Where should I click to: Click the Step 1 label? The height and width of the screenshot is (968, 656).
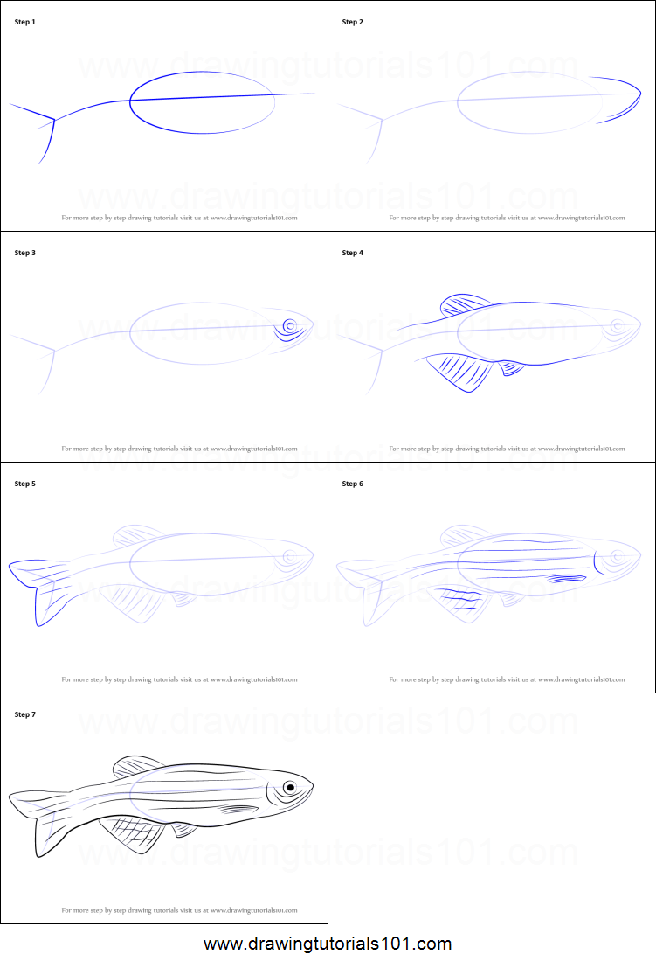click(x=25, y=22)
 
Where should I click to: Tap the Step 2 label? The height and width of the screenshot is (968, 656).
click(x=353, y=22)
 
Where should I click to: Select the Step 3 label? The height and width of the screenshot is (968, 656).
click(x=25, y=253)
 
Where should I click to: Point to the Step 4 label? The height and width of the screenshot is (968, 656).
click(x=353, y=253)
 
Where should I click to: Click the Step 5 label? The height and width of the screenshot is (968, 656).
click(x=25, y=484)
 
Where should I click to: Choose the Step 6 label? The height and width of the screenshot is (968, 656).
click(x=353, y=484)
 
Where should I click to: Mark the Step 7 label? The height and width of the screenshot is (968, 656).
click(x=25, y=714)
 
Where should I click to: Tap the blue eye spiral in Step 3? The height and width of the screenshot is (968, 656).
click(x=289, y=327)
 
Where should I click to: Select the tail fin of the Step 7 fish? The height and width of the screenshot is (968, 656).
click(x=39, y=818)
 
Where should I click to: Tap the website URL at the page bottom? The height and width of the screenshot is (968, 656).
click(x=328, y=944)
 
